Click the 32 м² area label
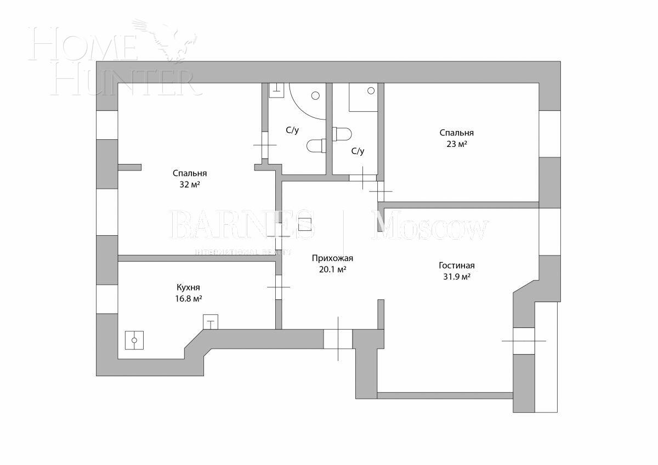coord(189,185)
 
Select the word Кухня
coord(188,287)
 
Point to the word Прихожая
coord(332,258)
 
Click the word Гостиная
coord(456,265)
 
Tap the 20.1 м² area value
coord(333,270)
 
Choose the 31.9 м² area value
coord(457,277)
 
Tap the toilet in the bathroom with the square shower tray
coord(342,133)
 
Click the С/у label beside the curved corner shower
coord(292,131)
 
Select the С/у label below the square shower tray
coord(358,151)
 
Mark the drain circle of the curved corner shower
coord(315,95)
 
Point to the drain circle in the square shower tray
coord(371,90)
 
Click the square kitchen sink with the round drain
coord(134,340)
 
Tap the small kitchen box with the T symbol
coord(211,321)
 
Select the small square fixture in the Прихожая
coord(305,226)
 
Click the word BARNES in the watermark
coord(241,225)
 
